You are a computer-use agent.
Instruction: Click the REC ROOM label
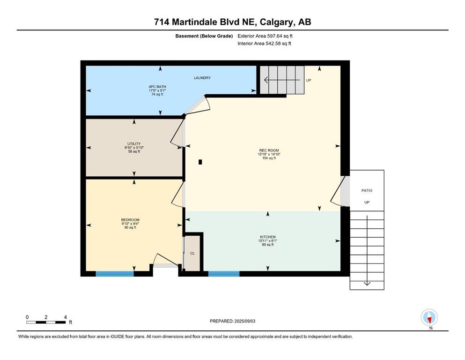tap(269, 150)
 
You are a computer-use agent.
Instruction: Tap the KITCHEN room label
tap(268, 237)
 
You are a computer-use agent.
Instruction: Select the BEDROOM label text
tap(130, 220)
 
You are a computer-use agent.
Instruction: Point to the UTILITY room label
tap(134, 143)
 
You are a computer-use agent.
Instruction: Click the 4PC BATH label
tap(157, 87)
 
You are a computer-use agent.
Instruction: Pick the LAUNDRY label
tap(202, 78)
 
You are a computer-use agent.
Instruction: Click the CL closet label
tap(192, 253)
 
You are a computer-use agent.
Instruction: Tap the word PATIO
tap(367, 190)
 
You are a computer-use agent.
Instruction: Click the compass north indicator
tap(429, 318)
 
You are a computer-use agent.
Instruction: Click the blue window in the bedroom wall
tap(115, 274)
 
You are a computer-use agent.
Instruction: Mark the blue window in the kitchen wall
tap(224, 274)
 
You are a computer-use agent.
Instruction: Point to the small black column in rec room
tap(200, 162)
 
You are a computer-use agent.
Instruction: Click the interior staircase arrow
tap(282, 80)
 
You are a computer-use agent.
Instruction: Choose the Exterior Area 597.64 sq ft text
tap(265, 36)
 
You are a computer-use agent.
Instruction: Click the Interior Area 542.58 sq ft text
tap(264, 43)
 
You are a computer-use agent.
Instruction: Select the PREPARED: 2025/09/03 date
tap(232, 321)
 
